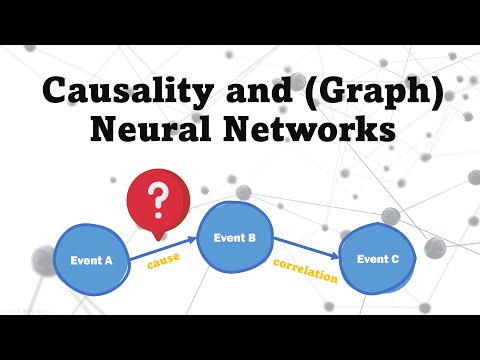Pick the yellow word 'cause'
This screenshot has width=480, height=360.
162,265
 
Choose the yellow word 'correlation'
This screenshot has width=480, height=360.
305,271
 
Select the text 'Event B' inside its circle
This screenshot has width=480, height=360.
236,238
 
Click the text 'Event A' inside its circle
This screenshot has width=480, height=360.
91,260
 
